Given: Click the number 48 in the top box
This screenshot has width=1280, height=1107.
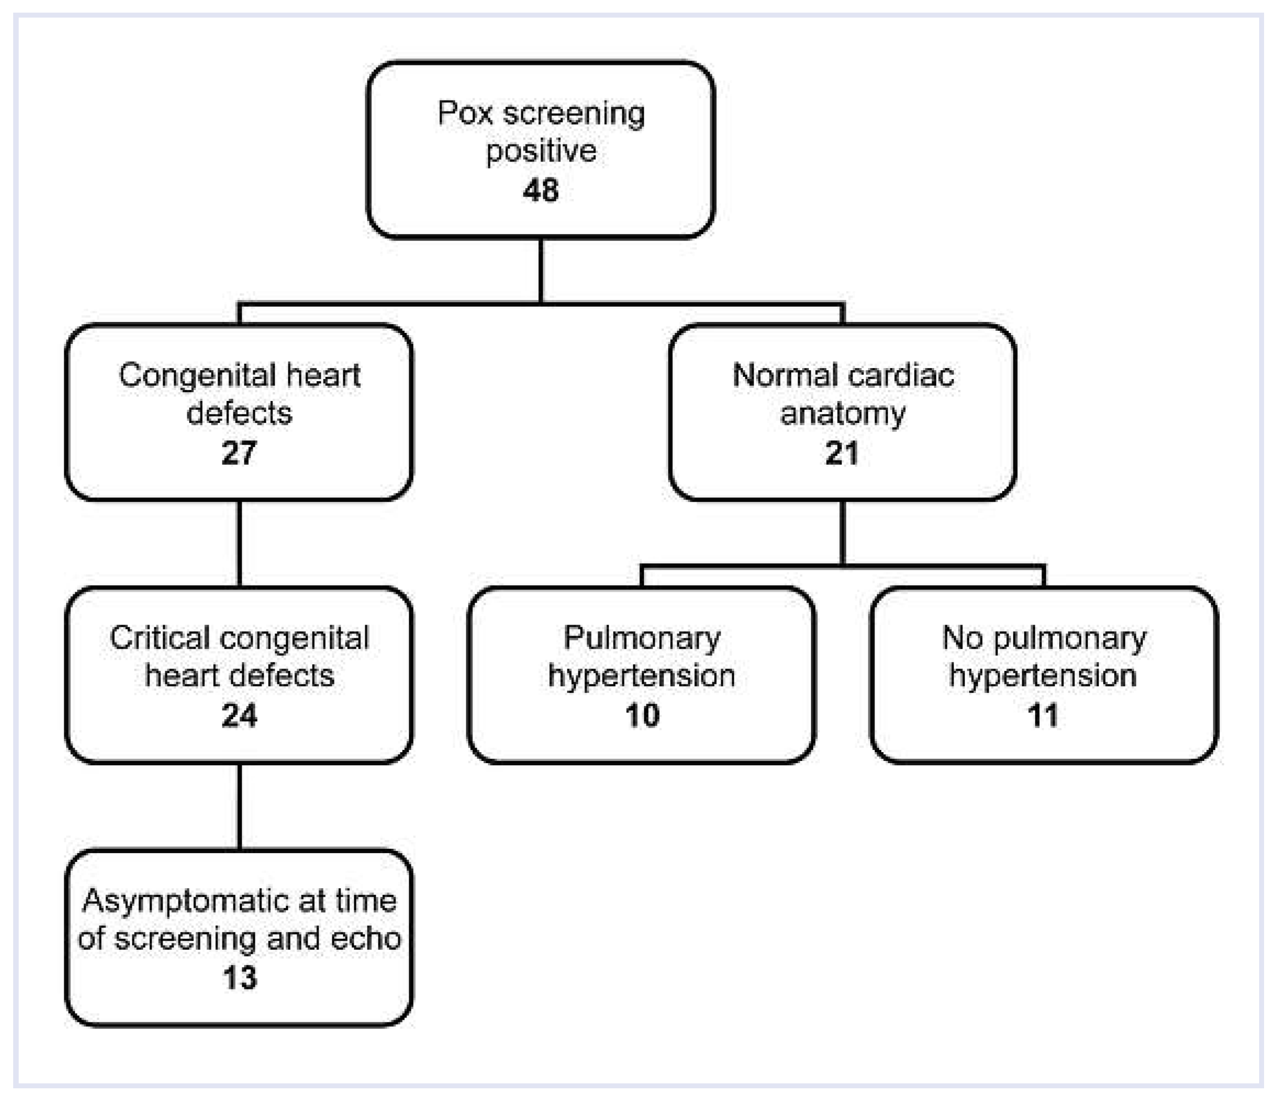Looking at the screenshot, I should pos(541,190).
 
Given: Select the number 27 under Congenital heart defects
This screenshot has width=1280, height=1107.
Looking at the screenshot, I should pos(238,453).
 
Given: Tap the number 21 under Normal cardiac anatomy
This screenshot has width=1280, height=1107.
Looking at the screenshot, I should pos(842,453).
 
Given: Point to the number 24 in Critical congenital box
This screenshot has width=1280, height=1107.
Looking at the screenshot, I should pos(238,715).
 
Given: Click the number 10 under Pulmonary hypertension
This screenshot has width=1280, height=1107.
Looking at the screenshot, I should pos(642,715).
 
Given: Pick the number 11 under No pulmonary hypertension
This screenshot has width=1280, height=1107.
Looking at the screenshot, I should pos(1043,715).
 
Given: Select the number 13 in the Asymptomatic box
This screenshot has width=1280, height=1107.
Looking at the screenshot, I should pos(240,978).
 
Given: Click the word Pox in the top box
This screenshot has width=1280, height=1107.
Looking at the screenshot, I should pos(465,114).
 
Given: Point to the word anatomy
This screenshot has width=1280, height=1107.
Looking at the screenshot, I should pos(843,414).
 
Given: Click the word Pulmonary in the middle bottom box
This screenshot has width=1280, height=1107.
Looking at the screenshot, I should pos(642,638).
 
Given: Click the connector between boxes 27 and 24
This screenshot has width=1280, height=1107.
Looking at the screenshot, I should pos(239,544).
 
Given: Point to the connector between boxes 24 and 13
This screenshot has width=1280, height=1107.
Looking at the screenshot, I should pos(239,806).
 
